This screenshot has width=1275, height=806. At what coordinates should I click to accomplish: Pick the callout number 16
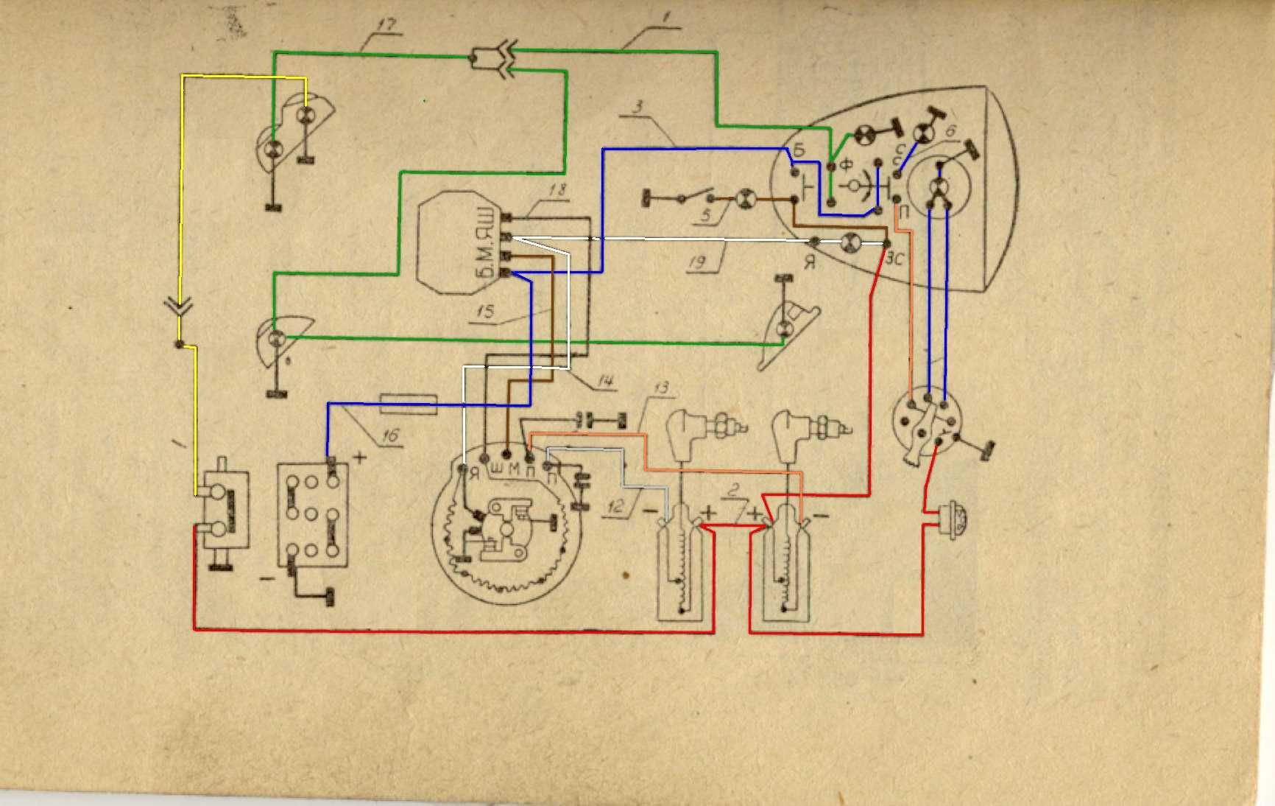389,435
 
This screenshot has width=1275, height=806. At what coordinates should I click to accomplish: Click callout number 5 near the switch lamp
707,216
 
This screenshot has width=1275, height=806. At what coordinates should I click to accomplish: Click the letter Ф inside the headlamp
846,166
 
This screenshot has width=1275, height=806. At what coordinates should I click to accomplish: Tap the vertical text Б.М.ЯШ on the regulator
483,244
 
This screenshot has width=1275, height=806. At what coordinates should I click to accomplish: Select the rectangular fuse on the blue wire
409,404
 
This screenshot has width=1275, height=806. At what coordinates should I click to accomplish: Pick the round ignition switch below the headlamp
926,423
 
